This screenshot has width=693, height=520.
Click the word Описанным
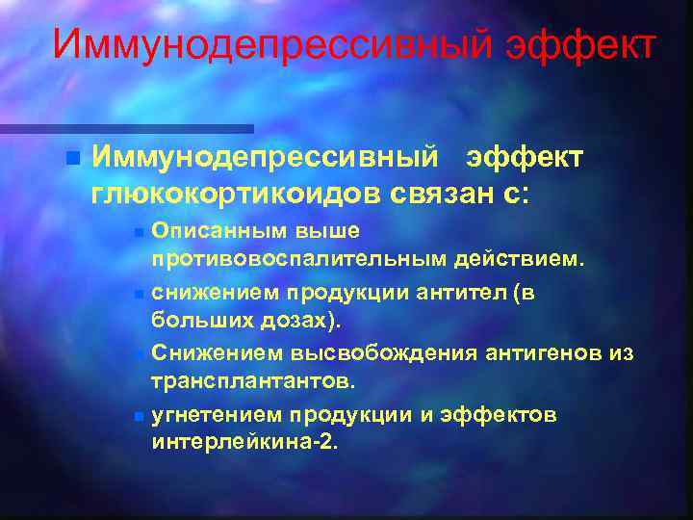209,232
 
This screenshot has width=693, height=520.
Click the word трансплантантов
253,380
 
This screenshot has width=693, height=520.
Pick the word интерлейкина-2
244,444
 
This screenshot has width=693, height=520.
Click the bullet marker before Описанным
140,232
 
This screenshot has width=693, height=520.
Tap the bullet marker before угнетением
140,416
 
